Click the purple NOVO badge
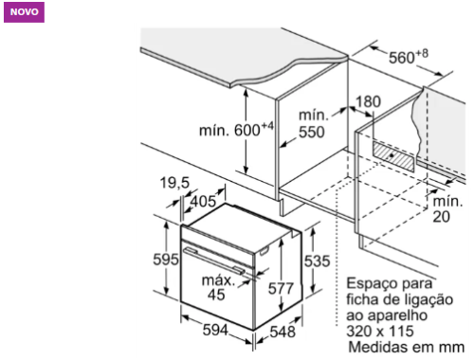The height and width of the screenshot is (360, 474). click(24, 12)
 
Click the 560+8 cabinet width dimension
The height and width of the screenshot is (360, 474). click(409, 57)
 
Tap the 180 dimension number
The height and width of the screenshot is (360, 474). click(368, 101)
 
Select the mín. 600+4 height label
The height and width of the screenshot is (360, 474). click(236, 130)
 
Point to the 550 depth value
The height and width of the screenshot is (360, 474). click(312, 132)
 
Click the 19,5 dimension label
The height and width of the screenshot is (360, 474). click(174, 183)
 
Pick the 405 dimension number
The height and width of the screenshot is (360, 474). click(204, 202)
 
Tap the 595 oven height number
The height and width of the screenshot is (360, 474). click(166, 260)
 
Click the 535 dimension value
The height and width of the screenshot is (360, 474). click(317, 261)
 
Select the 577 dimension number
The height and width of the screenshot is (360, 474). click(281, 289)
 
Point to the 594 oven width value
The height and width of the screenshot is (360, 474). click(215, 330)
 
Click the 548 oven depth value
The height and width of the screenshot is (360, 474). click(283, 332)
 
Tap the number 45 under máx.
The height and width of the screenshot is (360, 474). click(216, 295)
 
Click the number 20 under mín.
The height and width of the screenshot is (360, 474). click(441, 217)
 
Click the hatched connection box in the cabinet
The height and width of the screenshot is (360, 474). click(393, 156)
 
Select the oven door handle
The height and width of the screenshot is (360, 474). click(214, 261)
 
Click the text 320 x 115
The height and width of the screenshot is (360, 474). click(380, 332)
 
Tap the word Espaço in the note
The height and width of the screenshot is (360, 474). click(368, 284)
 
